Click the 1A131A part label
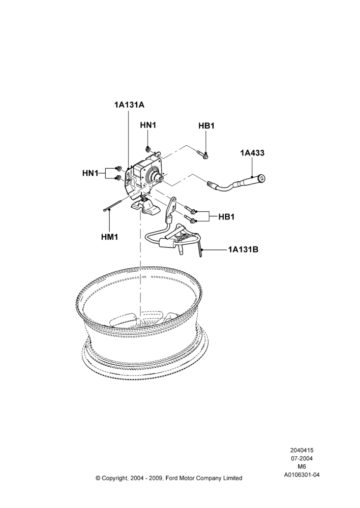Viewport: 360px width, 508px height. point(129,105)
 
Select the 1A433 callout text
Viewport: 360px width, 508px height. point(252,152)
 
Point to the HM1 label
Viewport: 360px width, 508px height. point(109,237)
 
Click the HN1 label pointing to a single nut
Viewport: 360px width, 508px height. point(148,125)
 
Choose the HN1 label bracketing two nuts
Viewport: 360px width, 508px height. point(90,173)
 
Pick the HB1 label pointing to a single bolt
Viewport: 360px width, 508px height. point(206,125)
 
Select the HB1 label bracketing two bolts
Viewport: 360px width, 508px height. point(226,217)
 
